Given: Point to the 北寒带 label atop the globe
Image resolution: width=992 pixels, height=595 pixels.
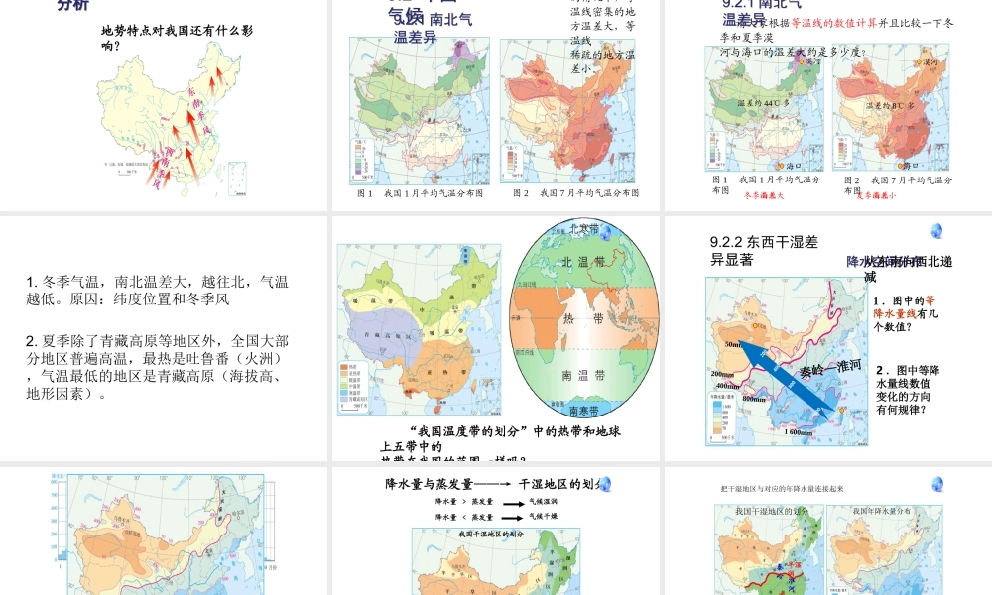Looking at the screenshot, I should [584, 228].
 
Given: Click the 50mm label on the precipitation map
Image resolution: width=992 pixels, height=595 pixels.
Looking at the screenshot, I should [733, 344].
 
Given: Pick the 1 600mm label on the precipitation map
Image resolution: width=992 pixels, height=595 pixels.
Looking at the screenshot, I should [801, 432].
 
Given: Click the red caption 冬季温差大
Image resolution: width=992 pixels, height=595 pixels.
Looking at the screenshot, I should [764, 195].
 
